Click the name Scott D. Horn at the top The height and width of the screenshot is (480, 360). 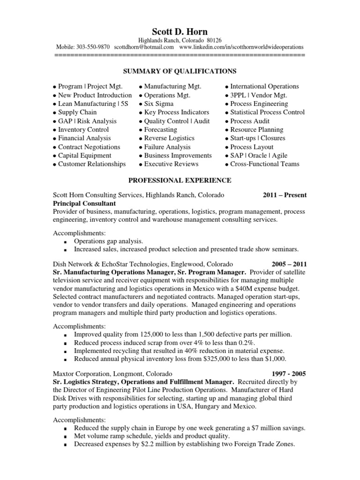(x=180, y=31)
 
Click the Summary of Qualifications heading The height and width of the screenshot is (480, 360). (x=180, y=71)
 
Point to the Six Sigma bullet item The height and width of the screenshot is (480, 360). (x=158, y=104)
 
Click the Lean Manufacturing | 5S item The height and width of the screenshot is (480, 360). (x=92, y=104)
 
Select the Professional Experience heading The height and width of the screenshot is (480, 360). (x=180, y=180)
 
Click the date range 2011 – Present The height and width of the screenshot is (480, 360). (x=282, y=195)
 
